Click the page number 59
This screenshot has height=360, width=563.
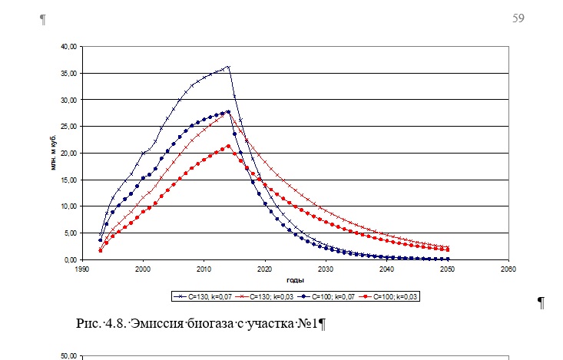click(518, 18)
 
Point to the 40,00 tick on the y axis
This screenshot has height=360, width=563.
click(68, 47)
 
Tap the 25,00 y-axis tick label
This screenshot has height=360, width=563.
click(68, 127)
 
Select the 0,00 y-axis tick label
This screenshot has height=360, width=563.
click(69, 259)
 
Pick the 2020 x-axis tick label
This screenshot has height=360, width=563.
click(264, 269)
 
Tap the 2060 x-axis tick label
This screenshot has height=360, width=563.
click(508, 269)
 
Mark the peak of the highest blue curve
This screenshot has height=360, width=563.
click(227, 67)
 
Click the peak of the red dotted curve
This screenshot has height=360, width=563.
click(228, 146)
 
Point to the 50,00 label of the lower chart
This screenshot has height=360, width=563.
click(68, 356)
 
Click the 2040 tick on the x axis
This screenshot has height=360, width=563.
click(386, 269)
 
